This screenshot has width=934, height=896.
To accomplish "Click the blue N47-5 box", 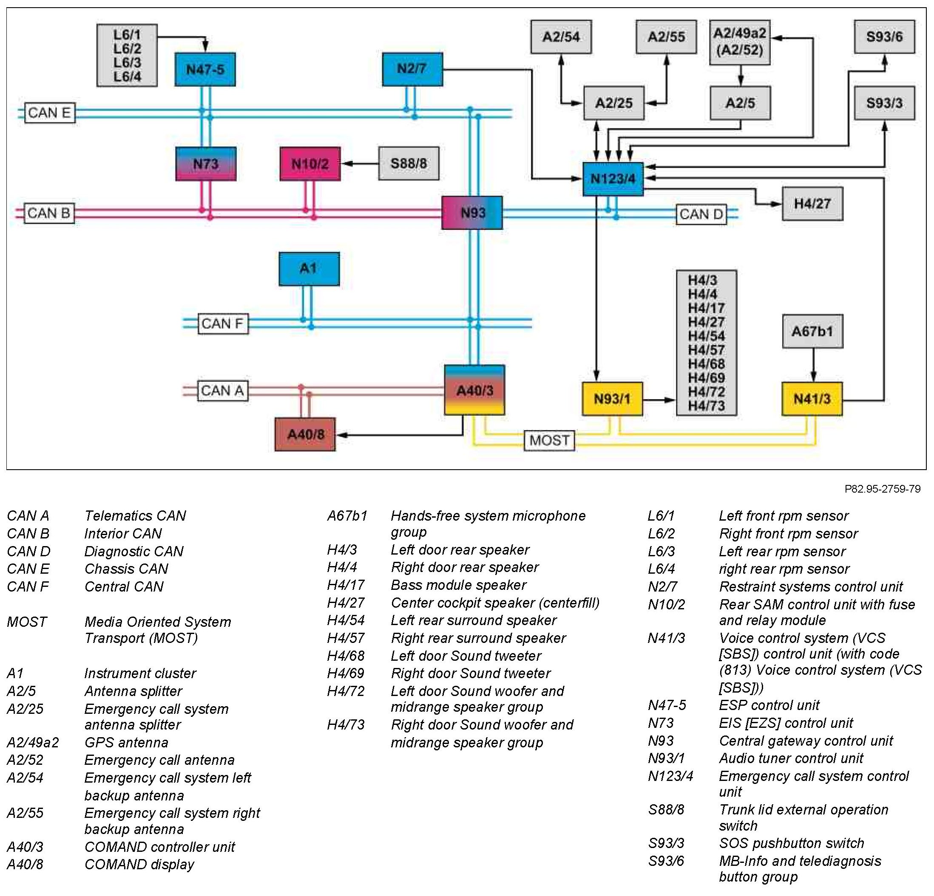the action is tap(205, 70).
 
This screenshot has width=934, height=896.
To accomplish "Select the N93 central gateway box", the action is tap(472, 213).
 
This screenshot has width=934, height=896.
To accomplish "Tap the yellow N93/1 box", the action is tap(612, 399).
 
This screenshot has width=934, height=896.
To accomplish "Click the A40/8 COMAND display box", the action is tap(305, 434).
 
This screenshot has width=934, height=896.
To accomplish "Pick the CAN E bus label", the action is tap(50, 113).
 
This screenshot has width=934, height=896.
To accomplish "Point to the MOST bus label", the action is tap(549, 440).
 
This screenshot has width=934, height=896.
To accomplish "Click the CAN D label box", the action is tap(701, 214).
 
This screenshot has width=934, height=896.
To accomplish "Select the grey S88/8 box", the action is tap(409, 164).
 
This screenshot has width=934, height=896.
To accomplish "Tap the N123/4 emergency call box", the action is tap(613, 179).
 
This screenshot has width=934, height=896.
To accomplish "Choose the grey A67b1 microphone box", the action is tap(812, 331).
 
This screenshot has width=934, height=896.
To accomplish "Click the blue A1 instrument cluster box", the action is tap(309, 269).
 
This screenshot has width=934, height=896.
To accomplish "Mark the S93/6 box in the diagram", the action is tap(884, 37).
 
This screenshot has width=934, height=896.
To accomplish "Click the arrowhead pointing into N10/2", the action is tap(346, 164).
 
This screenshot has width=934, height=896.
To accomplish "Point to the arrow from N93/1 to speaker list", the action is tap(659, 400).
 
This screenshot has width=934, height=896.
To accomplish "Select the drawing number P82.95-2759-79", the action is tap(883, 489).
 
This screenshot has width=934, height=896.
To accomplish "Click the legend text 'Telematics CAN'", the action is tap(135, 516).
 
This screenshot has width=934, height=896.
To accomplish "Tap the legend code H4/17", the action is tap(346, 585).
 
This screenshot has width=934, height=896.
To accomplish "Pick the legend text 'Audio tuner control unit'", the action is tap(791, 758).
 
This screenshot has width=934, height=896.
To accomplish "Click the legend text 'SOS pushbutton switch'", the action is tap(792, 843).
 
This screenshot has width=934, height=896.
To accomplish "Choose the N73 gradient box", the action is tap(206, 164).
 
